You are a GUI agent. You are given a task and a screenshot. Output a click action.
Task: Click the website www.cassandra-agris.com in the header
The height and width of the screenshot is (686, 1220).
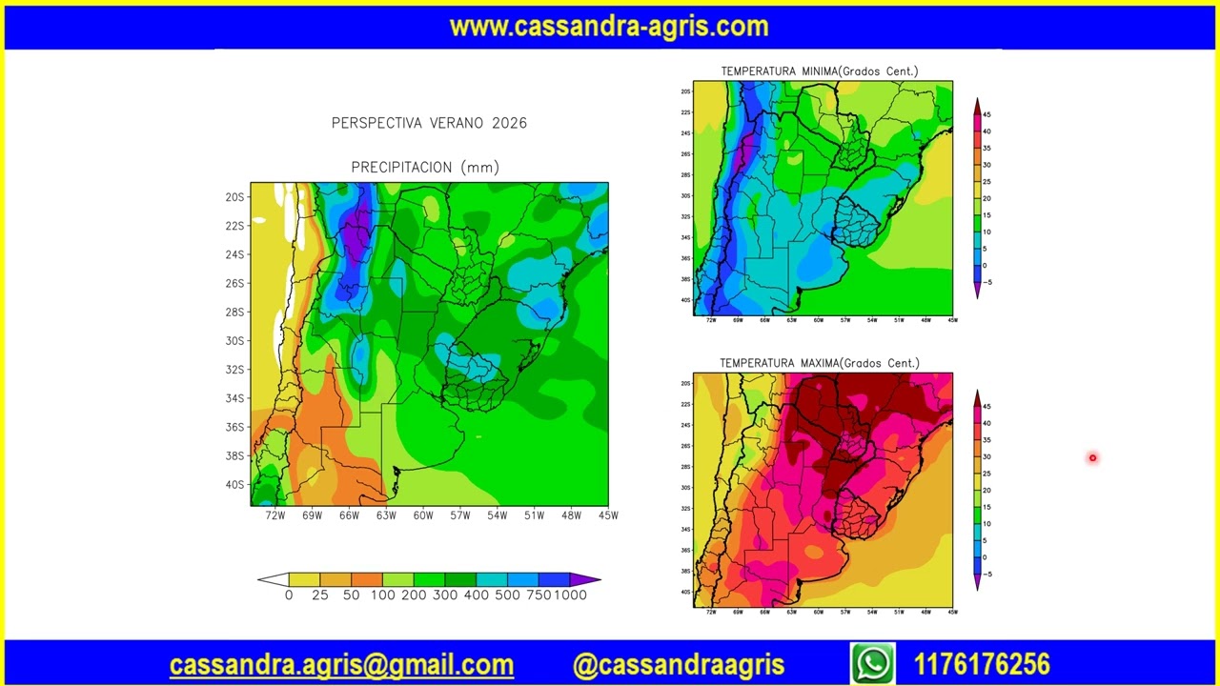coord(609,26)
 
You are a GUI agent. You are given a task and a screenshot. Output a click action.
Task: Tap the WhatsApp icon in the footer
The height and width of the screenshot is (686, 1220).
coord(873,663)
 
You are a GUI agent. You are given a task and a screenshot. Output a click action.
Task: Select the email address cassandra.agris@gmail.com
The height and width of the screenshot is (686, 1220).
coord(341,665)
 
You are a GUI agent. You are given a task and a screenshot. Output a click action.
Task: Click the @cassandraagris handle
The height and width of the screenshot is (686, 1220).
coord(679,665)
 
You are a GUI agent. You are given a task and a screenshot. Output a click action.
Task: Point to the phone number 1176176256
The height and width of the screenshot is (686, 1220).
coord(982,664)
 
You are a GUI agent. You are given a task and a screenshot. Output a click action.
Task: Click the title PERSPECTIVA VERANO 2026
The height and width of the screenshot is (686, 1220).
coord(429,123)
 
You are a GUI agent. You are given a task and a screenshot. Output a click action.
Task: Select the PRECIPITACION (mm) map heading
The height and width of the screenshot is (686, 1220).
coord(425,168)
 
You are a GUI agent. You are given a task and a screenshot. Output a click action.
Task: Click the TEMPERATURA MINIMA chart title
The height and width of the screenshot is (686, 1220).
coord(819,71)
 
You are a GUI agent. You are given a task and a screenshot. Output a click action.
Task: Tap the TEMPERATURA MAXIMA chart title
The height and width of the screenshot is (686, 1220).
coord(819,363)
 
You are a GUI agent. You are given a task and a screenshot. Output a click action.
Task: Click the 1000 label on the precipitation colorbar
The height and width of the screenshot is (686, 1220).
coord(571,595)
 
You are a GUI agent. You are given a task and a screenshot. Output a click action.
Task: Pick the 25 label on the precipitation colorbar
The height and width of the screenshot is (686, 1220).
coord(320,595)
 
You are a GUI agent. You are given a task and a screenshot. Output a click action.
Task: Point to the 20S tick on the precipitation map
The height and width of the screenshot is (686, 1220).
coord(234,197)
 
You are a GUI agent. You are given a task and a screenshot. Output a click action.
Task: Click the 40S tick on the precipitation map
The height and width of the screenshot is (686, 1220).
coord(234,485)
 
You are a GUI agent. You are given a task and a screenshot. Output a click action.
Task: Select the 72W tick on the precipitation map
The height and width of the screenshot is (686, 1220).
coord(275,515)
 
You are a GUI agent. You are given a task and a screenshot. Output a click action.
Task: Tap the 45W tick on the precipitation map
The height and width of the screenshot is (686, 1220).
coord(608,515)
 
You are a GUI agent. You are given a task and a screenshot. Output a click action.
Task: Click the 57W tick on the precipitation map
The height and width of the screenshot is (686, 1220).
coord(460,515)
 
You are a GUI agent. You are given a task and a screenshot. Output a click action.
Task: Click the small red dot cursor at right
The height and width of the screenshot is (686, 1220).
coord(1092,458)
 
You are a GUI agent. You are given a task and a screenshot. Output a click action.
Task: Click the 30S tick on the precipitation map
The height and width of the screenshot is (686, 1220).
coord(234,341)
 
